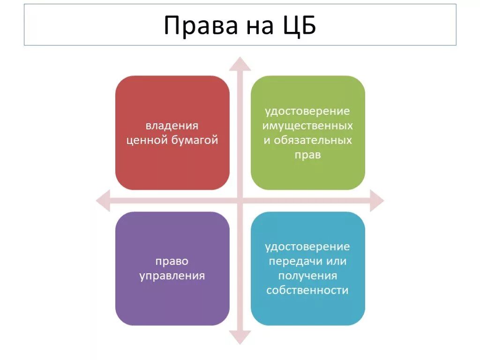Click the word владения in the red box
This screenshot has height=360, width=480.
(172, 126)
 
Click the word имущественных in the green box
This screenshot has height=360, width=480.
(307, 126)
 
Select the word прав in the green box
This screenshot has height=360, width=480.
(307, 155)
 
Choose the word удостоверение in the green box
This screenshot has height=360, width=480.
(307, 111)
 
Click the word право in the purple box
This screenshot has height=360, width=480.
(172, 261)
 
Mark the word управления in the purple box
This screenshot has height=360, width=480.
(172, 276)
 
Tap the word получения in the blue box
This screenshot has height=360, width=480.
(307, 276)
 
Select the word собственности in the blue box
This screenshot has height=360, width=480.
(307, 290)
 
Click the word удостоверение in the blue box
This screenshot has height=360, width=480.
(307, 247)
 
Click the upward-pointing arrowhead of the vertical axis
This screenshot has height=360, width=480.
(240, 63)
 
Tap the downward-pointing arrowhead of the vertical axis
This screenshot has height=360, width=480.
(240, 337)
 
